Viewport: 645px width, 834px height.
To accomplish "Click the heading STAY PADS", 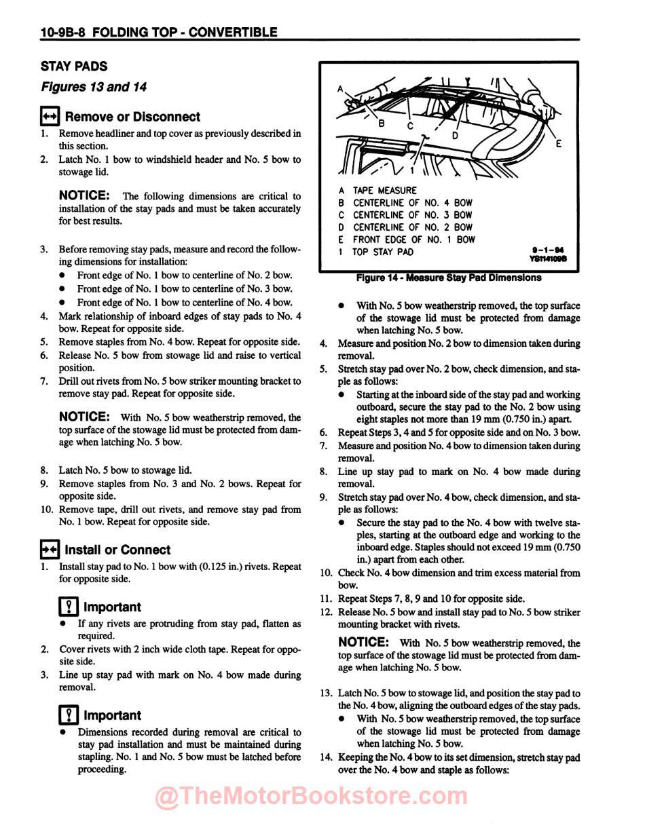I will click(74, 67).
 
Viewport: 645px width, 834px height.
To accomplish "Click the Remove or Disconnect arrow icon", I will click(50, 116).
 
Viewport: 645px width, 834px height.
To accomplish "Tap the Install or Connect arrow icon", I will click(50, 549).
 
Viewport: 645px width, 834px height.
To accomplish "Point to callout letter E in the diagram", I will click(558, 144).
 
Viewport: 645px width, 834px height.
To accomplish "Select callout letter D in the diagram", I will click(455, 135).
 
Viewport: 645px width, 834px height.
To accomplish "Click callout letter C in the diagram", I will click(410, 126).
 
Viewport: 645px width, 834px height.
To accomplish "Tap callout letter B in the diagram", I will click(382, 122).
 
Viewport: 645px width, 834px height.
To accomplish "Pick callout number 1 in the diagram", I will click(411, 171).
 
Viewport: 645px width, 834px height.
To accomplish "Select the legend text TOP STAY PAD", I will click(383, 252).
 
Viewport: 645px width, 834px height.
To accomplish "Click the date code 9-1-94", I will click(549, 249).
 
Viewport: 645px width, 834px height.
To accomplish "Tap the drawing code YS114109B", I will click(547, 258).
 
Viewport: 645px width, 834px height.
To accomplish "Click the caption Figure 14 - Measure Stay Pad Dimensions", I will click(448, 278).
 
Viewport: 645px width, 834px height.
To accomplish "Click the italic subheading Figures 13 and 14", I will click(94, 87).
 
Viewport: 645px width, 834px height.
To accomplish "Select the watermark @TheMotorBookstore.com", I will click(312, 797).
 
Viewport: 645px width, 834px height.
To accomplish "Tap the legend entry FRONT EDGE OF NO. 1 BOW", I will click(413, 240).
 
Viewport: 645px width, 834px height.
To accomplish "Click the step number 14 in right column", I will click(325, 757).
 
